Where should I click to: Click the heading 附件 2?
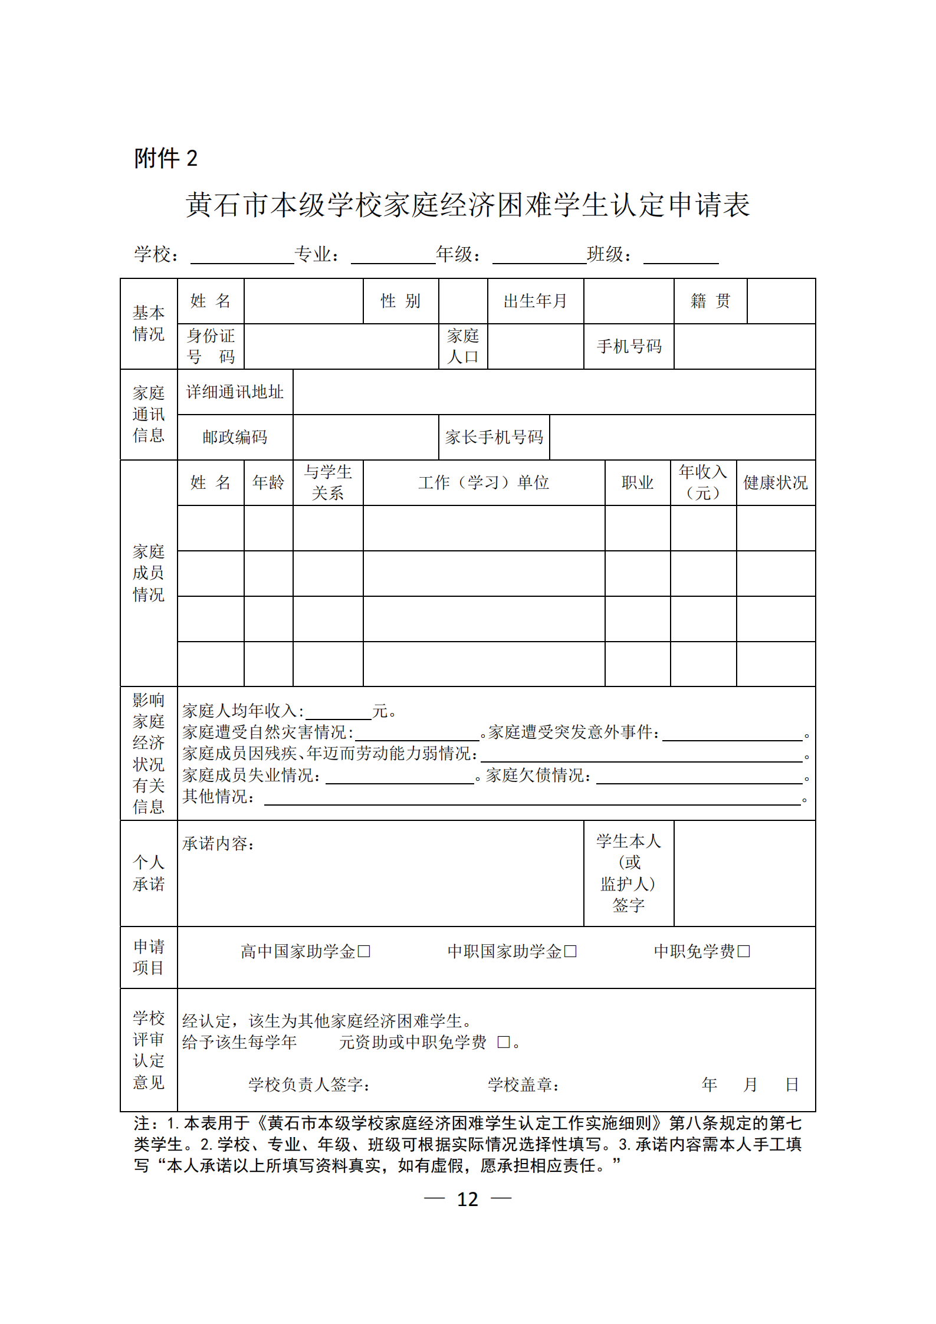pyautogui.click(x=166, y=158)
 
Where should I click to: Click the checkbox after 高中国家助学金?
pyautogui.click(x=364, y=951)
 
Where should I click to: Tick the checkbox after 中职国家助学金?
pyautogui.click(x=570, y=951)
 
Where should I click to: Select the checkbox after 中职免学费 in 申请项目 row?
pyautogui.click(x=744, y=951)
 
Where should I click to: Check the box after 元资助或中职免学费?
pyautogui.click(x=503, y=1042)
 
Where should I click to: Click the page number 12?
pyautogui.click(x=467, y=1199)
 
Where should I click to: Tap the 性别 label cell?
pyautogui.click(x=400, y=301)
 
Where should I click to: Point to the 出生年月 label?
pyautogui.click(x=535, y=301)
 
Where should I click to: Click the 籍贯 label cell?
pyautogui.click(x=710, y=301)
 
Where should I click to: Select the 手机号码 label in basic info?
pyautogui.click(x=629, y=347)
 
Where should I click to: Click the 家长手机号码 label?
pyautogui.click(x=494, y=437)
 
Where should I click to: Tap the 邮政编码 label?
pyautogui.click(x=235, y=437)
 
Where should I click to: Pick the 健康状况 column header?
pyautogui.click(x=775, y=482)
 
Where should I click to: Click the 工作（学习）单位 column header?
pyautogui.click(x=484, y=482)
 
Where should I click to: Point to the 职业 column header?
pyautogui.click(x=638, y=482)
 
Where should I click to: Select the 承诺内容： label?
pyautogui.click(x=218, y=844)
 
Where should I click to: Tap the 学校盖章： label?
pyautogui.click(x=523, y=1084)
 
